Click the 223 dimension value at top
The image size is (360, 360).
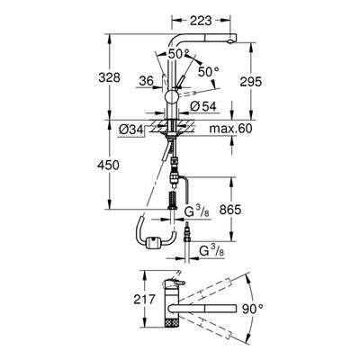click(x=201, y=21)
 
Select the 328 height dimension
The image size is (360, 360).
click(x=109, y=77)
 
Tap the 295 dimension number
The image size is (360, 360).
click(x=251, y=81)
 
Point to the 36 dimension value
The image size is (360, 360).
click(x=147, y=81)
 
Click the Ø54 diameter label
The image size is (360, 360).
click(x=203, y=106)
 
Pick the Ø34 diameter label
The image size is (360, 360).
click(x=130, y=130)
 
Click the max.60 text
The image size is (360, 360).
click(x=230, y=129)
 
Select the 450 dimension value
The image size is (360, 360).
click(x=108, y=165)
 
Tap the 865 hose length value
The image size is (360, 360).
click(x=230, y=210)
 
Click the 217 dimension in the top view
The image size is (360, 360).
click(x=145, y=299)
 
